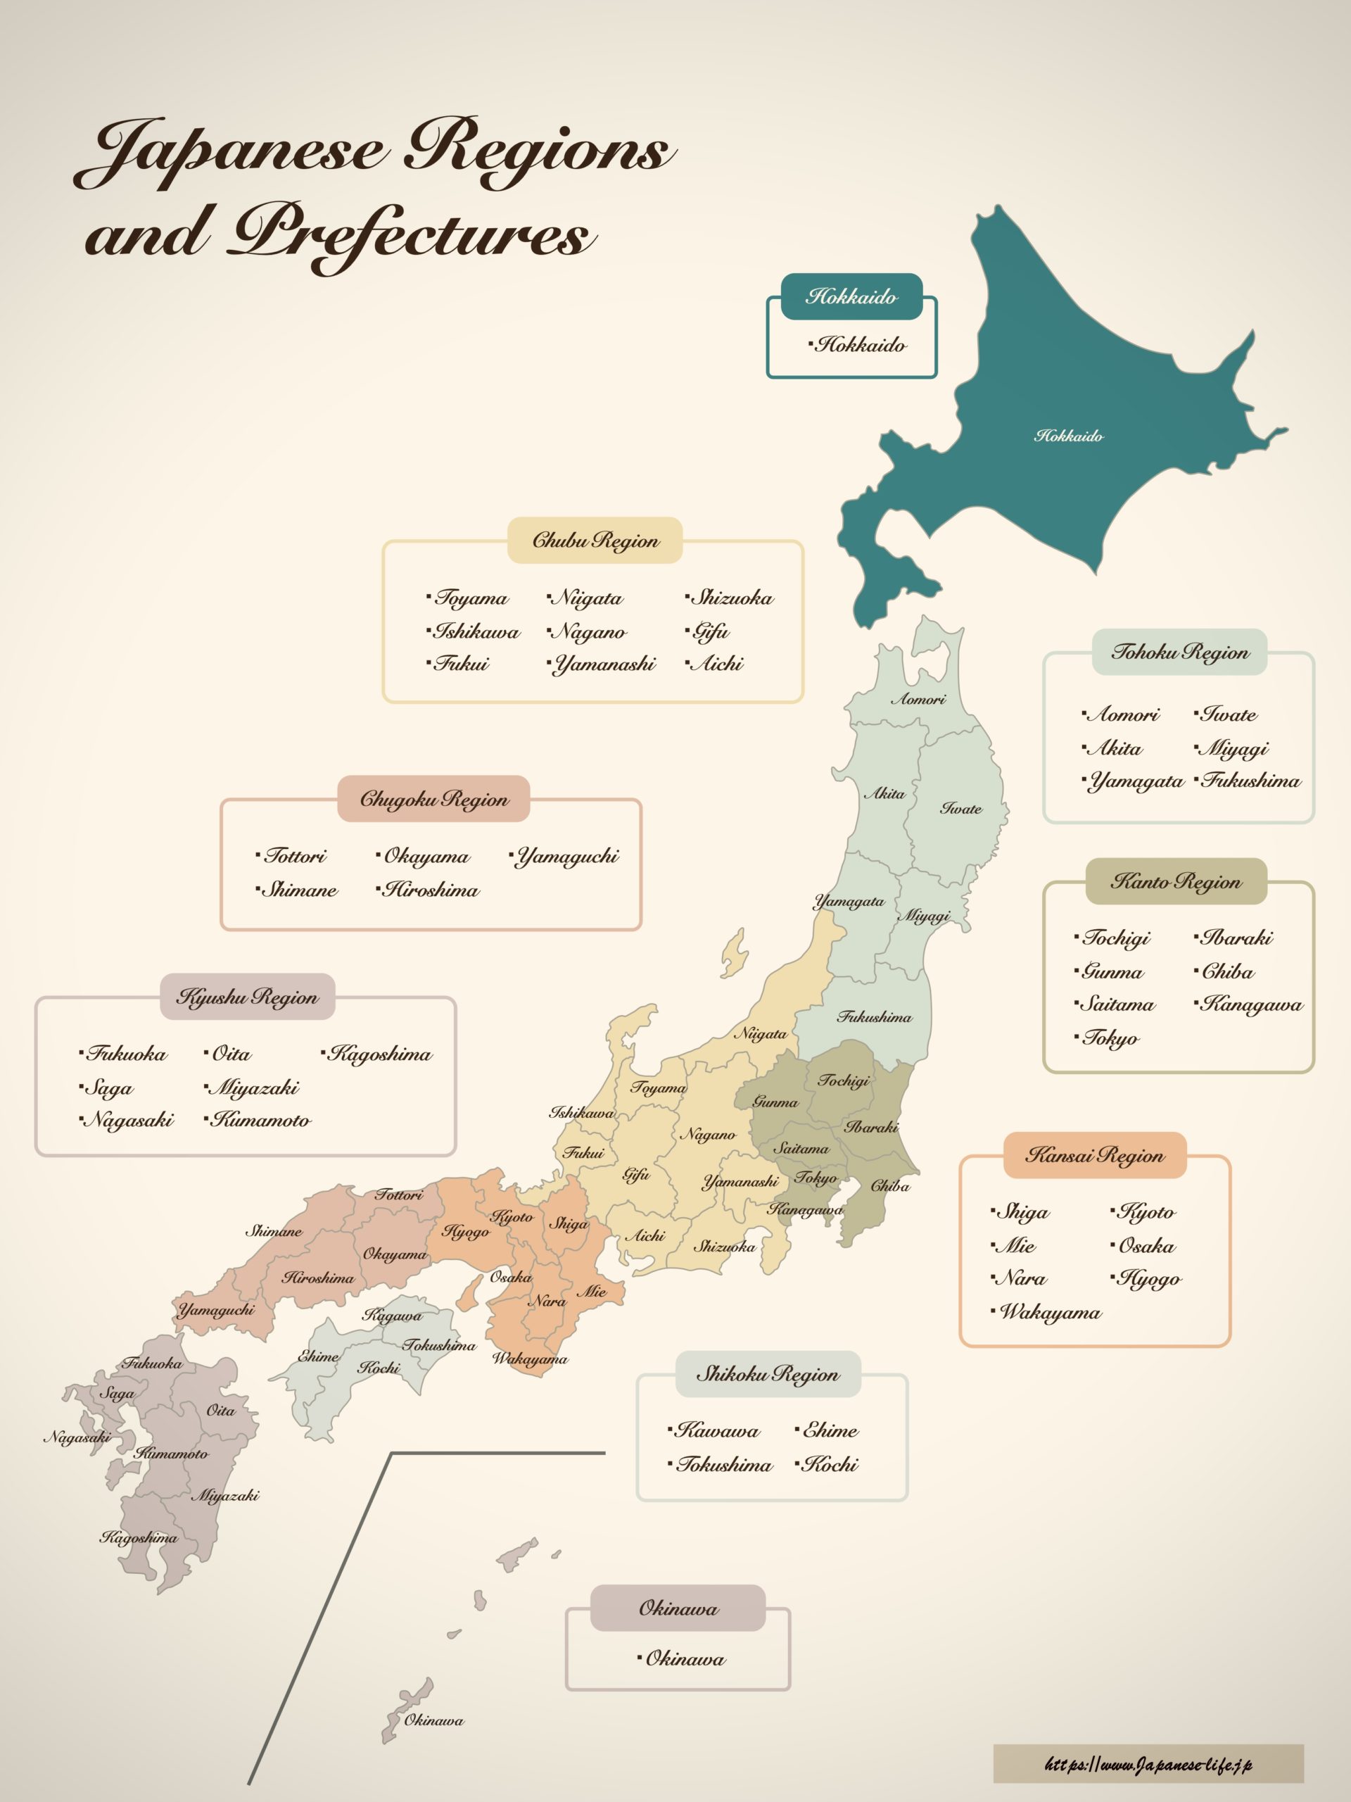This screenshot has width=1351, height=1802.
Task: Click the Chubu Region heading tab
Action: (x=595, y=540)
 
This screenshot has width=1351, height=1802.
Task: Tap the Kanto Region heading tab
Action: (x=1176, y=881)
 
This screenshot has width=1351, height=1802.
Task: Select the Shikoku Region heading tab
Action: (x=767, y=1374)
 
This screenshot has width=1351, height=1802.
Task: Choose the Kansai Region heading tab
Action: (x=1093, y=1155)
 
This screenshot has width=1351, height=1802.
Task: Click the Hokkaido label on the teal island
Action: (x=1068, y=436)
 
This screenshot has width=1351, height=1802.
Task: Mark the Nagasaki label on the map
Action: (x=77, y=1438)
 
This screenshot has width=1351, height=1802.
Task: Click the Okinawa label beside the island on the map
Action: (x=434, y=1720)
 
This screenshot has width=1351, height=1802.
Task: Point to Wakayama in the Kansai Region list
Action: (x=1050, y=1312)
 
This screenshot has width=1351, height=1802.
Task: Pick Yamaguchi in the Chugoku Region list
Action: (x=568, y=856)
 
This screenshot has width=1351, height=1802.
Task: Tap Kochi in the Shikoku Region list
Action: (x=830, y=1465)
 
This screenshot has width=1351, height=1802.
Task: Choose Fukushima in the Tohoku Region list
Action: (x=1251, y=781)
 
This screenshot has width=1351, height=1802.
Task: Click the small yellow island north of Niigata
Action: (x=735, y=953)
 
